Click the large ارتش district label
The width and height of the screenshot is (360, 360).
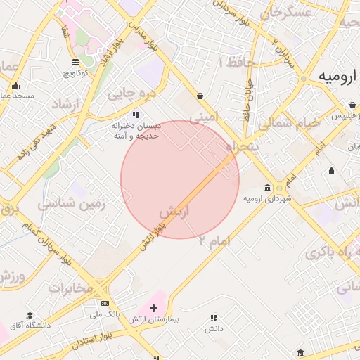tap(175, 212)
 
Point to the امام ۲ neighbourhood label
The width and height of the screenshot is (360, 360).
tap(214, 240)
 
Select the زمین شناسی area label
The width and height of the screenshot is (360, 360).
tap(71, 205)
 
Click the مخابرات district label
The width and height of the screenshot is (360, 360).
tap(70, 288)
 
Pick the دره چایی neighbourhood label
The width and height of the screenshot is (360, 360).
tap(129, 92)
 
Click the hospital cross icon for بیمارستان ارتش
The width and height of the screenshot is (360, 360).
tap(154, 308)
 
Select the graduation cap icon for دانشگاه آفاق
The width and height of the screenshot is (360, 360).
tap(30, 315)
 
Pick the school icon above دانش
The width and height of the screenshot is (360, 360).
tap(214, 318)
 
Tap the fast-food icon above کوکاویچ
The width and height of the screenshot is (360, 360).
tap(75, 61)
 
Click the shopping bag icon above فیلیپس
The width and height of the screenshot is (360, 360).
tap(352, 105)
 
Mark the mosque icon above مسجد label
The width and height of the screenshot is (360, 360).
tap(15, 85)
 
